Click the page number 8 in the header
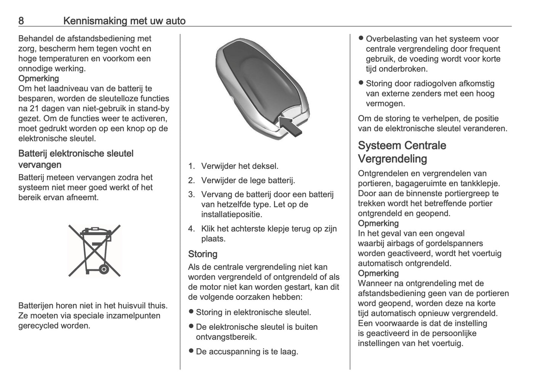click(21, 21)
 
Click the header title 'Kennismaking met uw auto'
click(124, 21)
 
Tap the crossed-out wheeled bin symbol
click(94, 250)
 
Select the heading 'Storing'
click(202, 254)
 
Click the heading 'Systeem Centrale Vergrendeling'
click(402, 152)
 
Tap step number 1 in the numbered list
click(191, 167)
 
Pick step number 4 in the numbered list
click(191, 229)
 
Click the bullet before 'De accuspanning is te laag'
click(191, 351)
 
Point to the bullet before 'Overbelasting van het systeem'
click(361, 38)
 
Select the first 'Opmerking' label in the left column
click(39, 79)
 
